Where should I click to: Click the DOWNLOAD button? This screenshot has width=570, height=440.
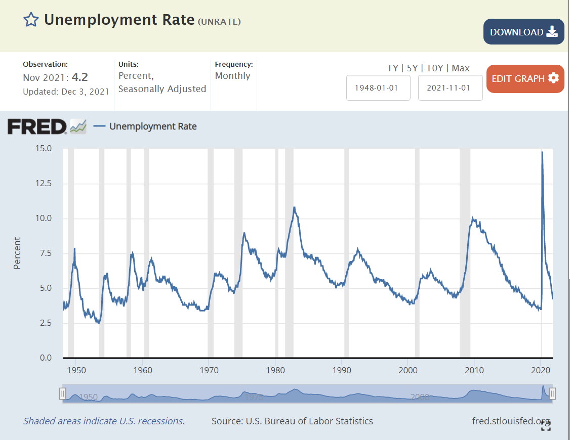[523, 32]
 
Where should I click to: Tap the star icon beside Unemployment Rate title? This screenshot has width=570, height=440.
[31, 20]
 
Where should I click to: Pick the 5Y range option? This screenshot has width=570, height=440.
[413, 68]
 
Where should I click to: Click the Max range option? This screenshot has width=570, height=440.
[461, 68]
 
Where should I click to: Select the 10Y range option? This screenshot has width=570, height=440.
[435, 68]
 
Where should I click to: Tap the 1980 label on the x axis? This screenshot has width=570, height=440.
[276, 370]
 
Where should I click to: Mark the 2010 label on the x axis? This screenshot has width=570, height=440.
[475, 370]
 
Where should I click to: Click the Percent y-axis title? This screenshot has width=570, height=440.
[17, 253]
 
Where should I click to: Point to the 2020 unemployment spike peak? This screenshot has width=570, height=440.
[542, 152]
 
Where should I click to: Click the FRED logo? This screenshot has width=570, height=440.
[37, 126]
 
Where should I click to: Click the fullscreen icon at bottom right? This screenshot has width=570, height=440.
[546, 426]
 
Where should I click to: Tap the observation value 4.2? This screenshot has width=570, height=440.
[80, 77]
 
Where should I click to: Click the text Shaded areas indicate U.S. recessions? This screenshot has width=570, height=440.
[104, 421]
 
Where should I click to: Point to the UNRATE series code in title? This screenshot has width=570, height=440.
[219, 21]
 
